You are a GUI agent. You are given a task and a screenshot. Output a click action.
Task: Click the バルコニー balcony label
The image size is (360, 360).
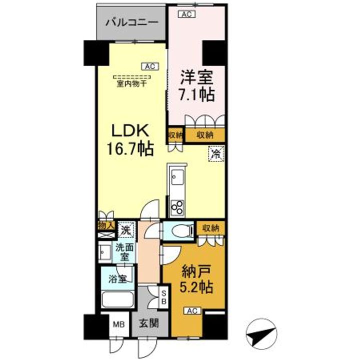(x=132, y=22)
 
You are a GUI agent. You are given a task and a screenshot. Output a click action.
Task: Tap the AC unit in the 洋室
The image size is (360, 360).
(x=186, y=14)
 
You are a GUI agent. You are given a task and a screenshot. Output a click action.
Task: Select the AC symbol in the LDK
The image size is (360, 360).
(x=149, y=65)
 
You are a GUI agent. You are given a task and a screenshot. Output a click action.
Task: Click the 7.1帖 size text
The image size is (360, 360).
(x=197, y=94)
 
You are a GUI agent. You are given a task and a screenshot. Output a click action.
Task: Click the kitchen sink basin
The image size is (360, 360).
(x=177, y=177)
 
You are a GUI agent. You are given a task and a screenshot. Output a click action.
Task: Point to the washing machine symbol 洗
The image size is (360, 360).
(x=127, y=231)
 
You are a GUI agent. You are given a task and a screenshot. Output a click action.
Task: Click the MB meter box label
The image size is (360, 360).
(x=118, y=324)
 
